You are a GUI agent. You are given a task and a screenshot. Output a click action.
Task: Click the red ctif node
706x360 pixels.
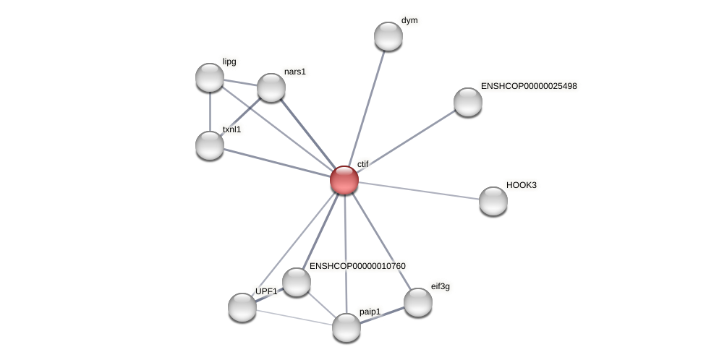click(344, 180)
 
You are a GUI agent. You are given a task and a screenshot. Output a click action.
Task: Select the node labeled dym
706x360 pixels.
click(388, 36)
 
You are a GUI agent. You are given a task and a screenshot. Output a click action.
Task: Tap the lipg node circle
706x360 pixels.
click(210, 77)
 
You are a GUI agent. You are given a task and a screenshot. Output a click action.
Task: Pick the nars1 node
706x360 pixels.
click(271, 87)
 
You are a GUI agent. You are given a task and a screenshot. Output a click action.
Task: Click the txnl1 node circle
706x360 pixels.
click(210, 145)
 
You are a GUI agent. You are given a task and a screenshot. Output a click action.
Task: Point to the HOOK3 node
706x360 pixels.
click(493, 201)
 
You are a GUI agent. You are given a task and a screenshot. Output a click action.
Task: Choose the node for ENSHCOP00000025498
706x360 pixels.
click(468, 102)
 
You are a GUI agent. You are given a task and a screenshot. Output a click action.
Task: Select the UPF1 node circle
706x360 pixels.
click(242, 307)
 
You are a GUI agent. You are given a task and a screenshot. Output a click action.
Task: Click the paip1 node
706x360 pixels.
click(346, 327)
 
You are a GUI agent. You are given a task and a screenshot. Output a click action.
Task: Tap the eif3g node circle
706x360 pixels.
click(418, 302)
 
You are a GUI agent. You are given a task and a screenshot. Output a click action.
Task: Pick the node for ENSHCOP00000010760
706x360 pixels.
click(296, 282)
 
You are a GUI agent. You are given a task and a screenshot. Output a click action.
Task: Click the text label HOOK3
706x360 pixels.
click(521, 185)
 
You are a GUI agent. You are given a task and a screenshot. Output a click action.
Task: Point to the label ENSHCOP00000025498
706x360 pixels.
click(529, 86)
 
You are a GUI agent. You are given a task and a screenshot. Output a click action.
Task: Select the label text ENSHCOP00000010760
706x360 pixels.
click(357, 266)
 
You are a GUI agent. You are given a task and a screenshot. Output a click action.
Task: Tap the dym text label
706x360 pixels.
click(409, 20)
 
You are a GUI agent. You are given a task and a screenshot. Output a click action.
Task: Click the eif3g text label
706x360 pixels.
click(440, 286)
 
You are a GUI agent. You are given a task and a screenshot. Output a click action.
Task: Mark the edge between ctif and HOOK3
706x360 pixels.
click(420, 190)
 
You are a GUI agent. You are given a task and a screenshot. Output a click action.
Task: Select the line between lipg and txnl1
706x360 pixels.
click(210, 111)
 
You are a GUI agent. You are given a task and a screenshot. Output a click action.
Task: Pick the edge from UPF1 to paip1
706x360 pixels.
click(294, 317)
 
